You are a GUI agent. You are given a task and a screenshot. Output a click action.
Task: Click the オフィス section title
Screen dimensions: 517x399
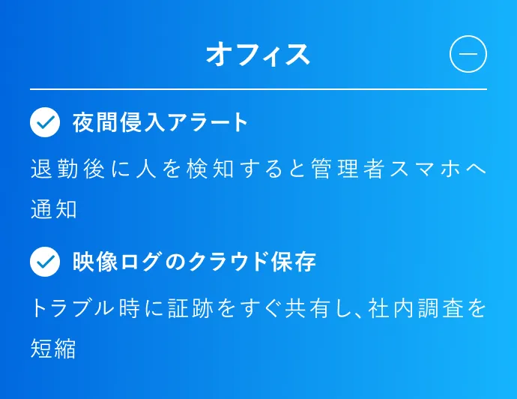pos(258,55)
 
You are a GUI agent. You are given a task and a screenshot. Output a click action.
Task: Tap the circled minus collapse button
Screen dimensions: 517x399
pos(468,54)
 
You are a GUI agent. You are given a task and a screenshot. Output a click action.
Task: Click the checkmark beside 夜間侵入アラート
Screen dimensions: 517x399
pos(45,122)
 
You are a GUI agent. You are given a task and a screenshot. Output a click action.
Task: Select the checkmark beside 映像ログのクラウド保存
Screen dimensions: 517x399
pos(45,262)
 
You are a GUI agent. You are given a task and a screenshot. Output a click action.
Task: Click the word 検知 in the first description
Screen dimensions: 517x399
pos(210,169)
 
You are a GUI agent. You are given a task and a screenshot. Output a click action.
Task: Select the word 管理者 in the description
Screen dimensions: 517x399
pos(348,169)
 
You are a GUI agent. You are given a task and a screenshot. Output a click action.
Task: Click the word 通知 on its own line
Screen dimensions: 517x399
pos(54,209)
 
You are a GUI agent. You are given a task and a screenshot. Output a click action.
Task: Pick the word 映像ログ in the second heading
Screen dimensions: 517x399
pos(118,262)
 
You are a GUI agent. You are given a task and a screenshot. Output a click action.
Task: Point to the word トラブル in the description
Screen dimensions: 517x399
pos(72,308)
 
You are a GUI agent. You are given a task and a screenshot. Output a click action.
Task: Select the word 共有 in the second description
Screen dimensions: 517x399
pos(308,308)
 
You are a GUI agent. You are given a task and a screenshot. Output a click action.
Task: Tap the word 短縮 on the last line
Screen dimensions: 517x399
pos(53,349)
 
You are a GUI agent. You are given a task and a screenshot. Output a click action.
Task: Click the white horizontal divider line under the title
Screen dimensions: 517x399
pos(258,89)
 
